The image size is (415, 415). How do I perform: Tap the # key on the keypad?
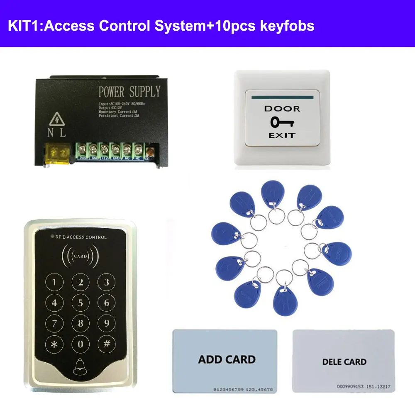coord(106,344)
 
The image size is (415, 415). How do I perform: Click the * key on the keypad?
coord(55,344)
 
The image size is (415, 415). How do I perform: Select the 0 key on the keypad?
coord(81,344)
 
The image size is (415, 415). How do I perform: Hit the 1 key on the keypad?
coord(55,283)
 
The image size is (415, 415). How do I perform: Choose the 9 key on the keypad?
coord(106,323)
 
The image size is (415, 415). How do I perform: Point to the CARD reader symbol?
coord(81,256)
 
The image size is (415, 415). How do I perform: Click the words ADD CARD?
coord(227,359)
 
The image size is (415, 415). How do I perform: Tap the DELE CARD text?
coord(344,362)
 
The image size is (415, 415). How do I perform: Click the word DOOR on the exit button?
coord(282,109)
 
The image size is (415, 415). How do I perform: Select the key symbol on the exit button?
coord(282,122)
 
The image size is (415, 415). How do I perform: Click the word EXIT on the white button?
coord(282,135)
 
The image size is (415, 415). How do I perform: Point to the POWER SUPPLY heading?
coord(129,92)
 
